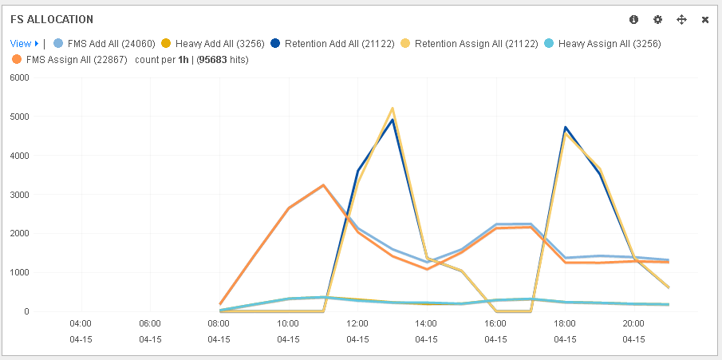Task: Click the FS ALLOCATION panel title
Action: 51,19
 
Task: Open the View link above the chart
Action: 21,43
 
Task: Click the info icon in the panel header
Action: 633,19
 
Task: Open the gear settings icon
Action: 657,19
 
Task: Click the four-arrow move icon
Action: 681,19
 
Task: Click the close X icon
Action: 705,19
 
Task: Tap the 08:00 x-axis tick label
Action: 219,323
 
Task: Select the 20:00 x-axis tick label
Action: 633,323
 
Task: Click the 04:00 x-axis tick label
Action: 81,323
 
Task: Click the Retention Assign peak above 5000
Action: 393,109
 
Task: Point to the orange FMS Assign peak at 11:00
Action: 323,185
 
